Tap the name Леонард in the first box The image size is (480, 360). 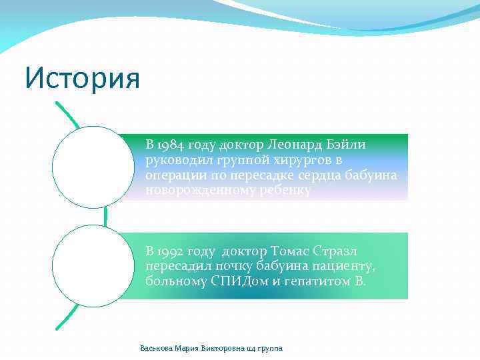coord(295,145)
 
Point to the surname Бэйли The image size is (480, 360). coord(347,145)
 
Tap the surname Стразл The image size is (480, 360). coord(351,251)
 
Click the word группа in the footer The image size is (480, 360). coord(270,349)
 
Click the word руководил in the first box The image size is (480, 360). coord(175,160)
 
